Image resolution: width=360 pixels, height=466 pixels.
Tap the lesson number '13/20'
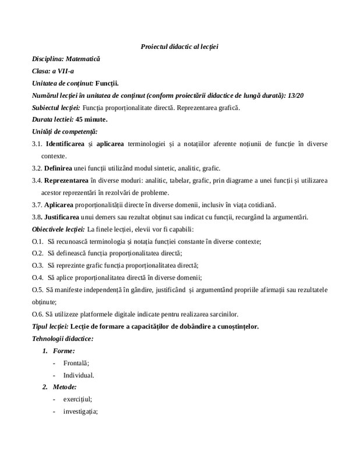tap(296, 96)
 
